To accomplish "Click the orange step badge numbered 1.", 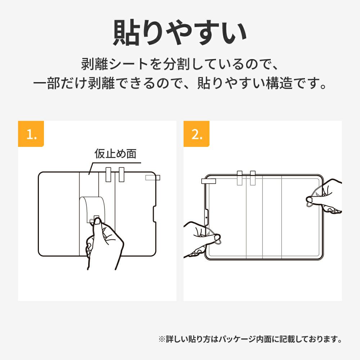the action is [31, 134].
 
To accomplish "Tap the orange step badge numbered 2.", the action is [196, 134].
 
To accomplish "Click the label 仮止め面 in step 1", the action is [115, 154].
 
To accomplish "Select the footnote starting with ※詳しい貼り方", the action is [250, 339].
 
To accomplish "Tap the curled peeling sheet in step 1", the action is [92, 208].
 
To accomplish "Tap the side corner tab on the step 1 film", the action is [153, 178].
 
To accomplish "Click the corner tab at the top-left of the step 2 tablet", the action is [208, 181].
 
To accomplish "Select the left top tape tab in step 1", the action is [108, 175].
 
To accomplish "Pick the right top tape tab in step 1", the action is [121, 175].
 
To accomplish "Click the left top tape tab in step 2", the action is [240, 178].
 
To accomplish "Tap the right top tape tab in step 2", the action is [253, 178].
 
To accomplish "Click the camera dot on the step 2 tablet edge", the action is [206, 217].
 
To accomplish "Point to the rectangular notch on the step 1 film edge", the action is [154, 214].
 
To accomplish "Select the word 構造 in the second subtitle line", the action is [279, 83].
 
